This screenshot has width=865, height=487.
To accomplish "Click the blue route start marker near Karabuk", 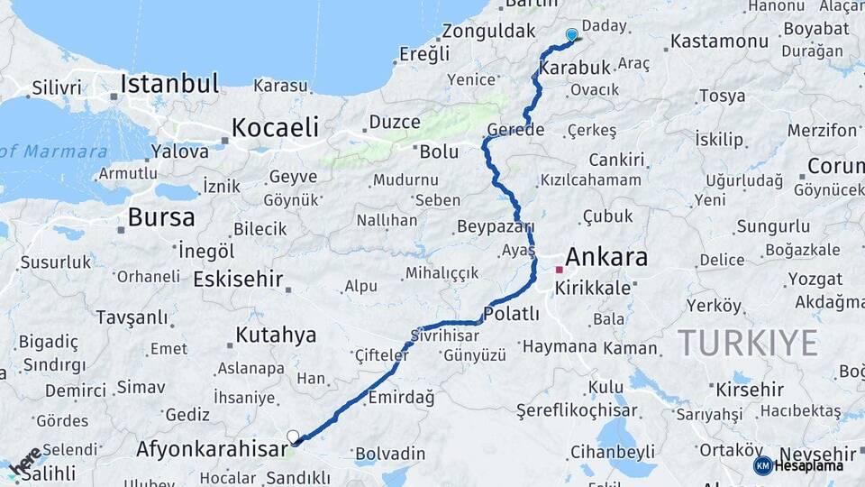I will tap(571, 35).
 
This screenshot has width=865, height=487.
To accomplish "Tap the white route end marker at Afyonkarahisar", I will tap(293, 437).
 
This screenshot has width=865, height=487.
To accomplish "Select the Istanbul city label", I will tap(169, 85).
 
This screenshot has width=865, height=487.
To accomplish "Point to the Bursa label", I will tap(161, 217).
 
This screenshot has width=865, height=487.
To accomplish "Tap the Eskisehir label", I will tap(238, 279).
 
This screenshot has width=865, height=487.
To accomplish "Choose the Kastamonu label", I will tap(719, 41).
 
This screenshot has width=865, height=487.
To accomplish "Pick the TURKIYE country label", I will tap(748, 343).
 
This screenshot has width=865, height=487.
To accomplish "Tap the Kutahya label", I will tap(276, 335).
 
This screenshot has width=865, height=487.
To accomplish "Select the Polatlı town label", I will tap(511, 314).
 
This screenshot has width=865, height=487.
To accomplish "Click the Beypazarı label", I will tap(496, 226).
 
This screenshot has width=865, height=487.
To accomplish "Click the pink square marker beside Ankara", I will tap(560, 270).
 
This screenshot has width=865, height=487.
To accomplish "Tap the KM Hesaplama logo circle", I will tap(762, 465).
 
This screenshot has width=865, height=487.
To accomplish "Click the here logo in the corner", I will tap(24, 461).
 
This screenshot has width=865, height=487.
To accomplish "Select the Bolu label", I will tap(439, 152).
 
